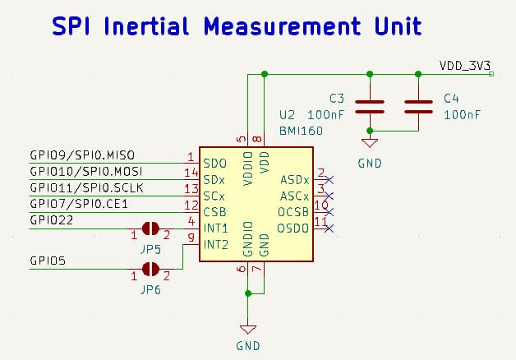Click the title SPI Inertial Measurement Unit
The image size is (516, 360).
coord(237,26)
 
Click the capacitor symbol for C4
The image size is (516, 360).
coord(418,105)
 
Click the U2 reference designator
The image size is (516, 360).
coord(287,115)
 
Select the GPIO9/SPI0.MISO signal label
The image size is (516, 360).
coord(81,155)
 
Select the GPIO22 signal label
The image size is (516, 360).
coord(51,219)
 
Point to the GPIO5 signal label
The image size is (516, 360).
coord(48,261)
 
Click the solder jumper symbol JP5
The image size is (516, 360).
coord(150,228)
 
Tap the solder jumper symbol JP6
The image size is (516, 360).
coord(150,269)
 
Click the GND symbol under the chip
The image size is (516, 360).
coord(248,327)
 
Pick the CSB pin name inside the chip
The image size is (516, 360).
coord(214,212)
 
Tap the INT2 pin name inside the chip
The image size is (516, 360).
coord(215,244)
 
